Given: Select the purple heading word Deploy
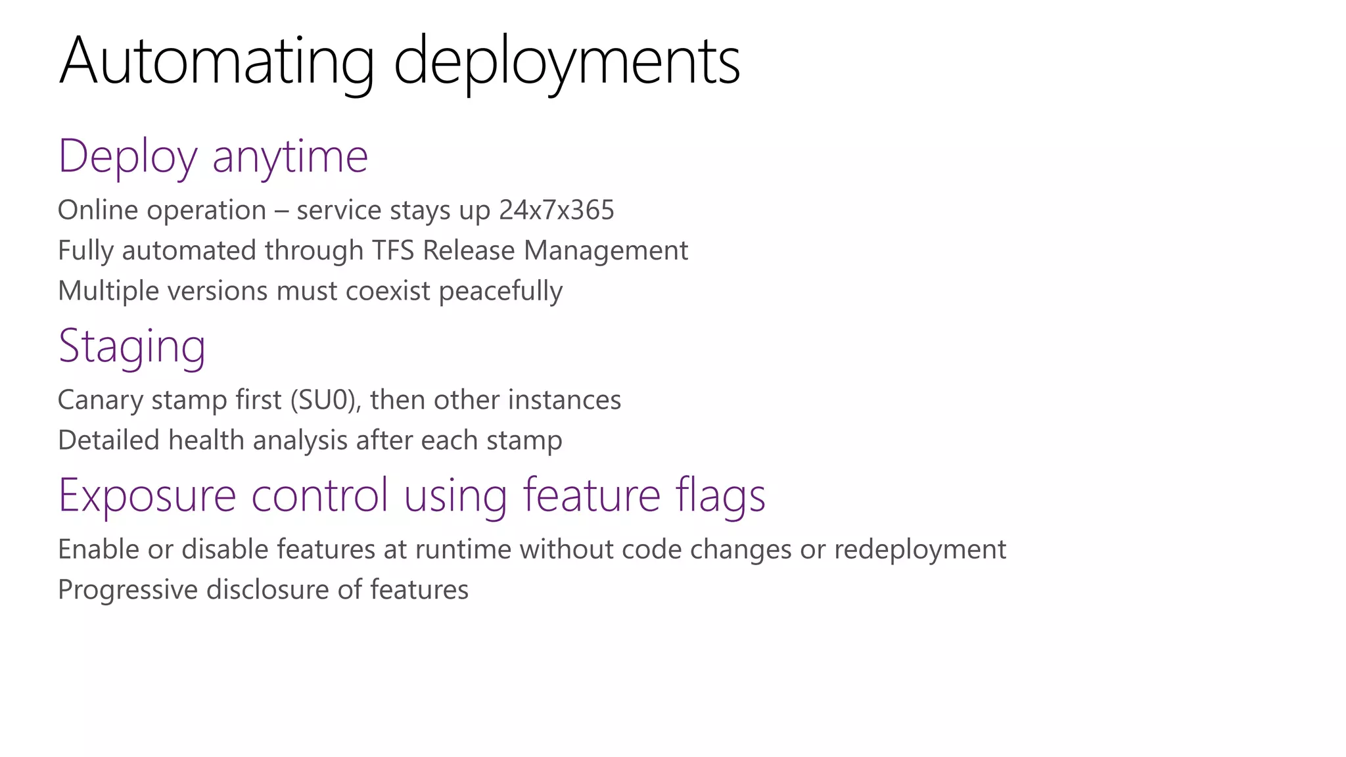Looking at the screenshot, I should (x=128, y=158).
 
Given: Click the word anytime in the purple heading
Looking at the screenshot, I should (x=290, y=158).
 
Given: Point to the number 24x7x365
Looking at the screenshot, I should (x=557, y=211).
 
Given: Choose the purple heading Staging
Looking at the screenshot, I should (x=132, y=347).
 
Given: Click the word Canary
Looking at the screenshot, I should (x=100, y=400).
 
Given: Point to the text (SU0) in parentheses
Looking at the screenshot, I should (x=326, y=400).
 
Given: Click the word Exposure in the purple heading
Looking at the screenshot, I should (x=147, y=495).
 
